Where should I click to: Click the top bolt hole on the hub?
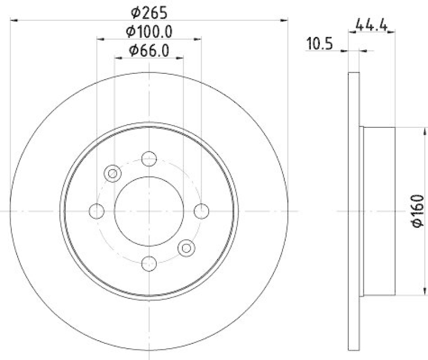coord(149,159)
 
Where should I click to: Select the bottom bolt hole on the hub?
coord(149,263)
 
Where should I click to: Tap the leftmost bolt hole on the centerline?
coord(97,211)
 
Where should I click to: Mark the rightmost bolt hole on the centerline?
coord(201,211)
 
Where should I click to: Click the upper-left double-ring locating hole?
coord(112,173)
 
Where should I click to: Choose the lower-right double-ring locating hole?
coord(186,247)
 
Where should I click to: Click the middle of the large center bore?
coord(149,211)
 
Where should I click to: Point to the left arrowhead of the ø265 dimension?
coord(13,20)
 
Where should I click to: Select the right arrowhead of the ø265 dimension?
coord(285,20)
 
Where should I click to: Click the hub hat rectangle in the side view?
coord(379,211)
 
